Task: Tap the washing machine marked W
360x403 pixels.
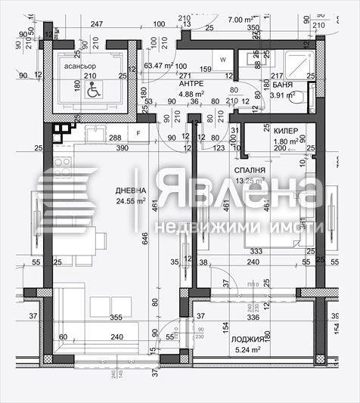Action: point(223,59)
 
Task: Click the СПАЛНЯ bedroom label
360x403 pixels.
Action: point(249,170)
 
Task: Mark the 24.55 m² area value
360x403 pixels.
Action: point(110,201)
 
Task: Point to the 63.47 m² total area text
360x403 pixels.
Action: point(160,66)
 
